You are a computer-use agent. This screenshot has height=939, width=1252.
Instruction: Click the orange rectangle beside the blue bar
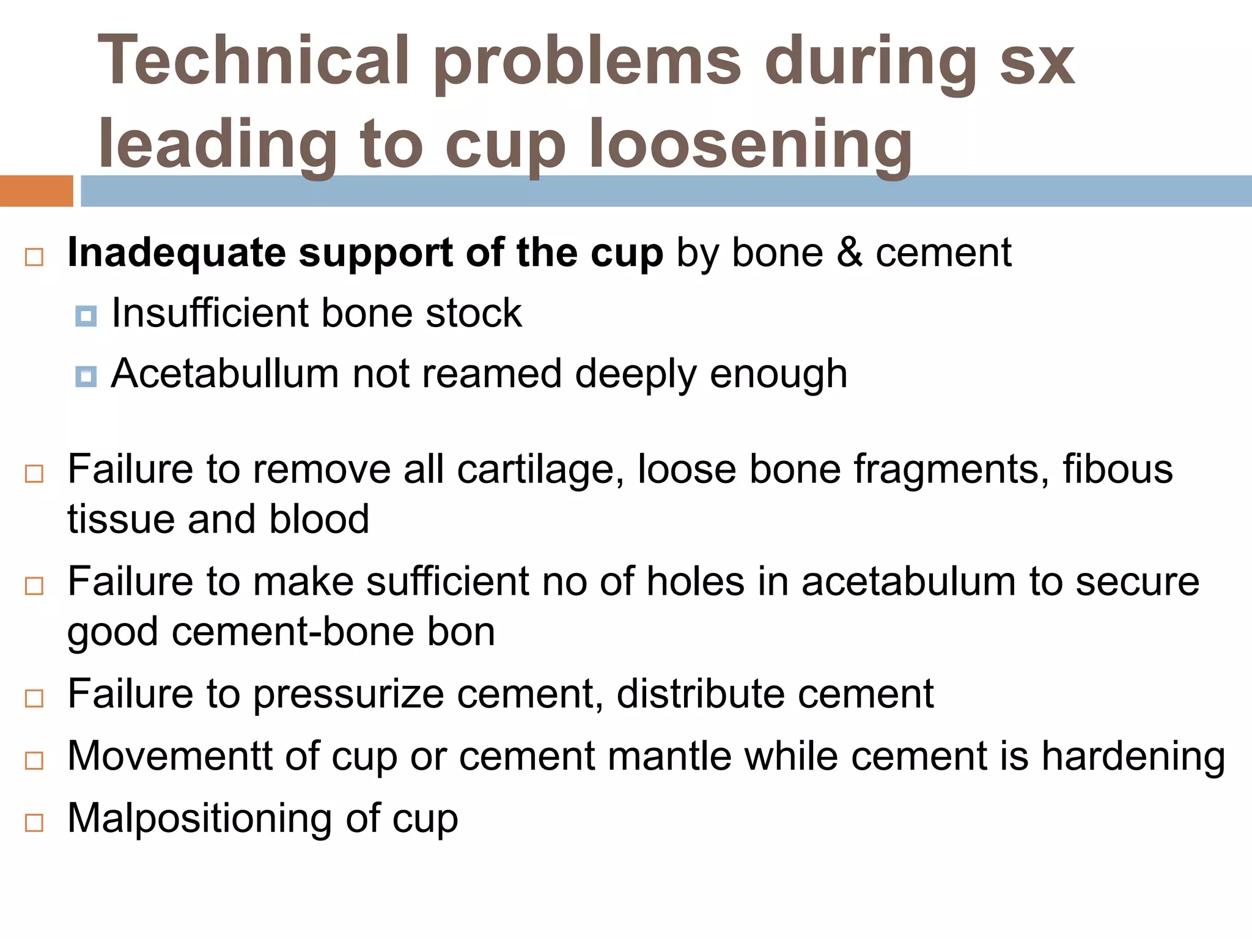tap(36, 191)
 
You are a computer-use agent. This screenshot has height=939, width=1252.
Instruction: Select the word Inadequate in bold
tap(177, 252)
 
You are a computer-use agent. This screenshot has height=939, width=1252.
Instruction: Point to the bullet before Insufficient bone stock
tap(86, 316)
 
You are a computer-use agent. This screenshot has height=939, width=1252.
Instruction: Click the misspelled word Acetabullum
tap(224, 374)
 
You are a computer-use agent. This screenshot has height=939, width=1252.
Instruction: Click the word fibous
tap(1118, 469)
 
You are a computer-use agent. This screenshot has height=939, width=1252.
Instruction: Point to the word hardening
tap(1133, 756)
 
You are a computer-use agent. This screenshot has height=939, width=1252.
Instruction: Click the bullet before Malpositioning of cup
tap(34, 823)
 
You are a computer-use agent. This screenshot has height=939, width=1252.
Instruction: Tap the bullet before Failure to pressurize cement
tap(34, 698)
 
